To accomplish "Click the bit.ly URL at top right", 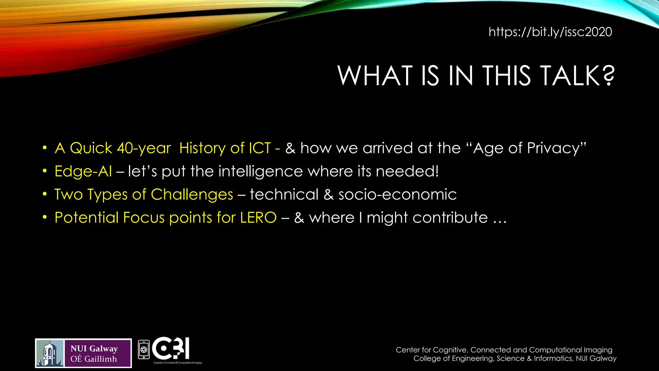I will pos(550,32).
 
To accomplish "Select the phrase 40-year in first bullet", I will pos(144,148).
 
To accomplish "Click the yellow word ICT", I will pos(260,148).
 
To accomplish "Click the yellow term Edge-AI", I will pos(83,171).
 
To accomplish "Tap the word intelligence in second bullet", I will pos(261,171).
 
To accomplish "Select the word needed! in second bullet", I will pos(407,171).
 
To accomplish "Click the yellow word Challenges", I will pos(192,195).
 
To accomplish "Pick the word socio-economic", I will pos(397,195).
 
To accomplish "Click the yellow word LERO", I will pos(258,218).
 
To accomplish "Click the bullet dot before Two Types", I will pos(45,194).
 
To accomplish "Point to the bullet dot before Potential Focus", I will pos(45,217).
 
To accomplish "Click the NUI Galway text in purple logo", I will pos(94,349).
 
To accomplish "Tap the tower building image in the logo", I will pos(50,353).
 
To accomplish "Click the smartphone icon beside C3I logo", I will pos(144,349).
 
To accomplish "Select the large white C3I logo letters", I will pos(171,348).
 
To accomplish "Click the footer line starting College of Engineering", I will pos(515,358).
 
